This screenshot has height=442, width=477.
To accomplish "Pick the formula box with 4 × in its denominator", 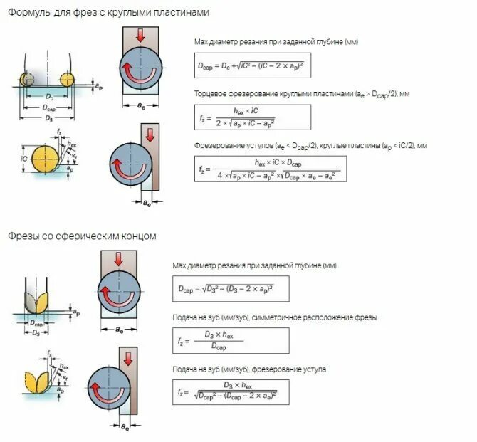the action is pyautogui.click(x=271, y=169).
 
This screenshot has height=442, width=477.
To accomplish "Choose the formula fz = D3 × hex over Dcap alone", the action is pyautogui.click(x=231, y=340).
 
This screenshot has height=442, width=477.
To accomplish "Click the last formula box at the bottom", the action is pyautogui.click(x=231, y=392).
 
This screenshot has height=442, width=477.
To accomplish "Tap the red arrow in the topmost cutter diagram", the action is pyautogui.click(x=140, y=34).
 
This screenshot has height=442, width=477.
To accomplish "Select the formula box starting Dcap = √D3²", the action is pyautogui.click(x=231, y=288).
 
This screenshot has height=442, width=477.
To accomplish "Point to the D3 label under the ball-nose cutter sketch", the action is pyautogui.click(x=36, y=333).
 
